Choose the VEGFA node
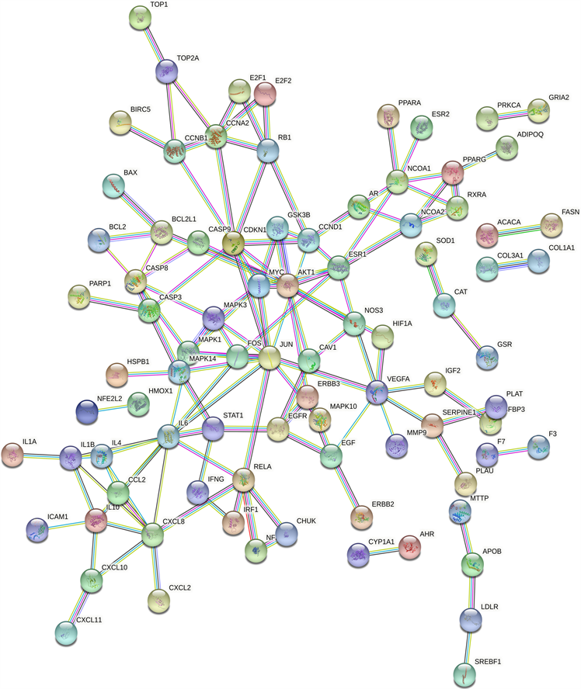pos(378,392)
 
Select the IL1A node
pos(12,454)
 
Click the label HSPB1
pos(138,362)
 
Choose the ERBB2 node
pos(361,516)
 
